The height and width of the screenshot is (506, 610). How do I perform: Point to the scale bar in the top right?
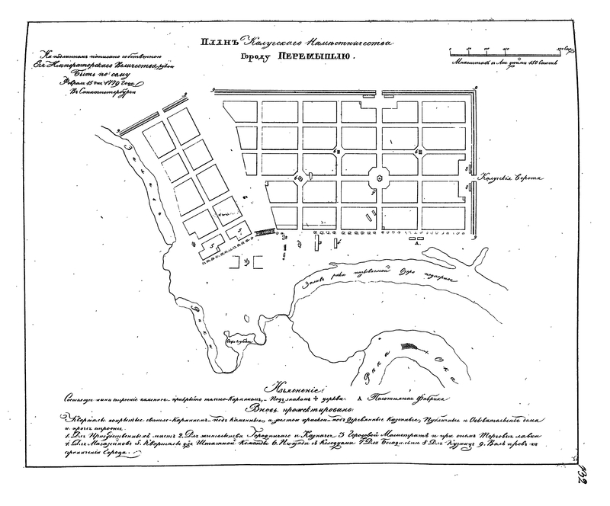point(511,50)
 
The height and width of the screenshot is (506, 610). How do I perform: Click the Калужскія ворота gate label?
point(504,178)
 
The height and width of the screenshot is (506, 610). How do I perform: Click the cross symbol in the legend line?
point(310,399)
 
